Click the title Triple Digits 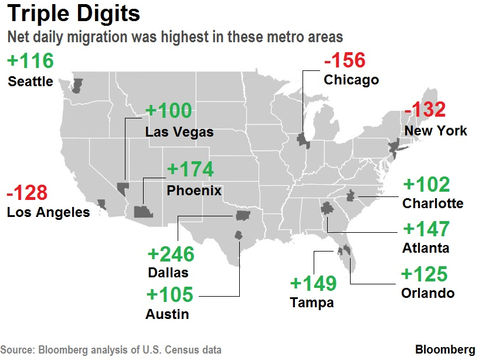(x=74, y=14)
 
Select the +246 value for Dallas (x=171, y=254)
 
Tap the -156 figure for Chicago (x=345, y=60)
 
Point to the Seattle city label (x=30, y=81)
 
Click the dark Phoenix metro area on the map (x=142, y=212)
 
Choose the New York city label (x=436, y=130)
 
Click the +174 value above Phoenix (x=191, y=169)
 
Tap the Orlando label (x=428, y=293)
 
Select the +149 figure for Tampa (x=313, y=284)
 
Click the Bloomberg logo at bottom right (x=445, y=349)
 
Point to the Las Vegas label (x=179, y=133)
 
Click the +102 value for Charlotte (x=426, y=185)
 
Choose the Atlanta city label (x=426, y=248)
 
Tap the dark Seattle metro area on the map (x=77, y=86)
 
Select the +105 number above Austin (x=171, y=294)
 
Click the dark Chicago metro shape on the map (x=303, y=140)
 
